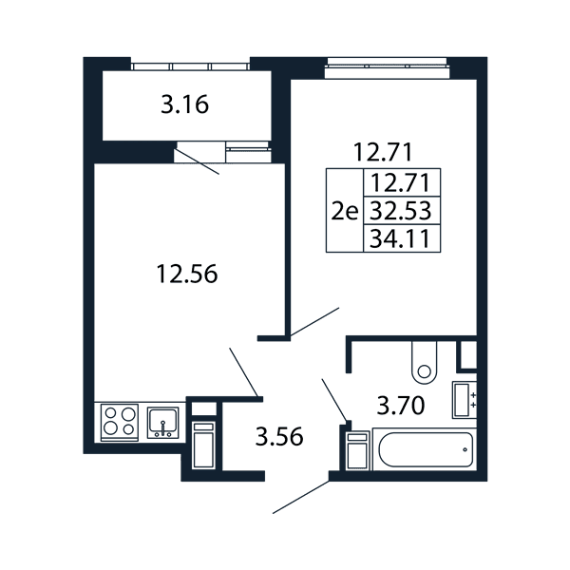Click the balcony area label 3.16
(x=184, y=104)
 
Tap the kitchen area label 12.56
(x=187, y=274)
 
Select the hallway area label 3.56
(x=278, y=437)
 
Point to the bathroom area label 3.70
(x=401, y=406)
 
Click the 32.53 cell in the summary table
(x=401, y=211)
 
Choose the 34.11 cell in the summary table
(x=401, y=238)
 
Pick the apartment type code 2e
(x=345, y=211)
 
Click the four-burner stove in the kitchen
(x=120, y=421)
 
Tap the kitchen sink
(x=162, y=423)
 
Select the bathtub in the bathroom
(x=425, y=449)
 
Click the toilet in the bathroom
(x=425, y=363)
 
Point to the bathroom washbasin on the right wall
(x=465, y=400)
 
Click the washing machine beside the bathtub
(x=358, y=450)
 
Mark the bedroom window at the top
(x=388, y=68)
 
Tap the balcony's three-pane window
(x=190, y=66)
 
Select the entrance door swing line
(x=301, y=497)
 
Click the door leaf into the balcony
(x=198, y=161)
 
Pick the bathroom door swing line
(x=334, y=400)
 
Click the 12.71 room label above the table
(x=383, y=152)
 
